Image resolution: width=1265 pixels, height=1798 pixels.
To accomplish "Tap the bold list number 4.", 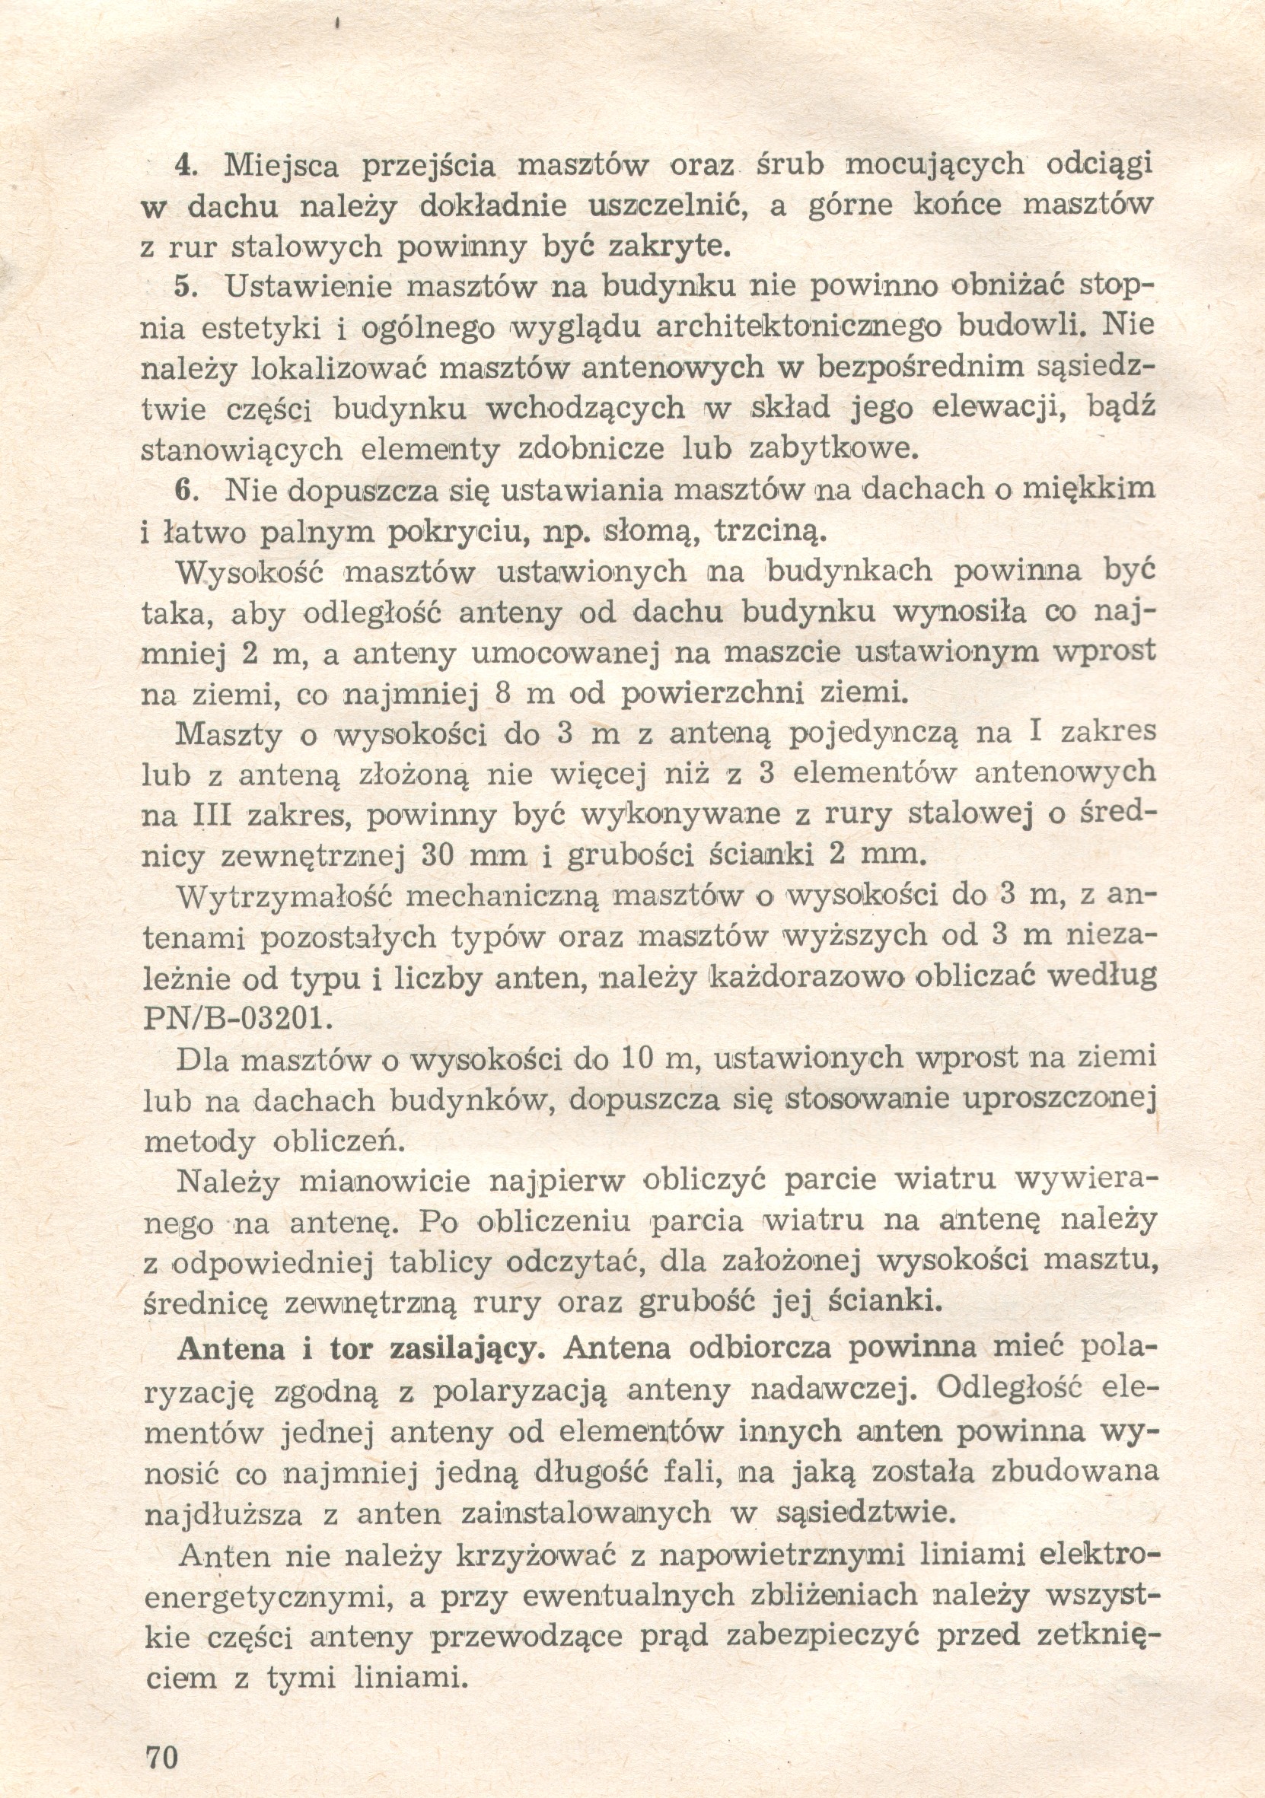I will tap(183, 165).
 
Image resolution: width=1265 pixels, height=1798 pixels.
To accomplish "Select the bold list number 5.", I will tap(183, 287).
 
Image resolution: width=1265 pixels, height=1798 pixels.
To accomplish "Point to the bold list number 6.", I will tap(183, 490).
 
